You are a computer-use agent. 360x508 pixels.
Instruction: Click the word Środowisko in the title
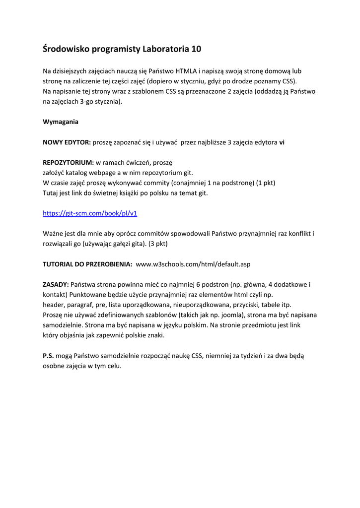[x=65, y=49]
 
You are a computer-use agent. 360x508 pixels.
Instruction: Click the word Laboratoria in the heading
[x=165, y=49]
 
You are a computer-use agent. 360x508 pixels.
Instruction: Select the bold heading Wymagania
[x=61, y=122]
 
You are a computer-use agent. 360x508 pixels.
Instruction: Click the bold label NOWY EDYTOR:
[x=67, y=142]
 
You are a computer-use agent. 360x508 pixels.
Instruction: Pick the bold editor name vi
[x=282, y=142]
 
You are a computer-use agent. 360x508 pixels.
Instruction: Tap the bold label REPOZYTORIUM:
[x=69, y=162]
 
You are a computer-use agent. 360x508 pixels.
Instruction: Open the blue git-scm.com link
[x=90, y=213]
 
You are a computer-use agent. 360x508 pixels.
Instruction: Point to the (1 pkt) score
[x=266, y=183]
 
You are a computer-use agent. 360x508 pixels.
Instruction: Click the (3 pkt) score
[x=160, y=244]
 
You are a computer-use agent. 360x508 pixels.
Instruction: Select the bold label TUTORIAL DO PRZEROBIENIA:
[x=87, y=264]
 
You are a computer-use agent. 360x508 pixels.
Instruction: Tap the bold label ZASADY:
[x=56, y=284]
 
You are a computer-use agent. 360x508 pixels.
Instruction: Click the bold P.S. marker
[x=48, y=355]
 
